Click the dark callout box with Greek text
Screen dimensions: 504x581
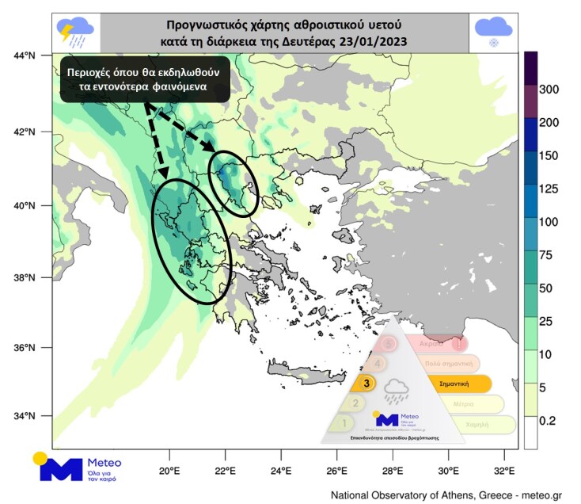click(x=146, y=79)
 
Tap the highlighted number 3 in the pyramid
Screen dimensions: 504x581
click(x=366, y=384)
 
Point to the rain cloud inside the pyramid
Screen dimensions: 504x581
click(x=395, y=391)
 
